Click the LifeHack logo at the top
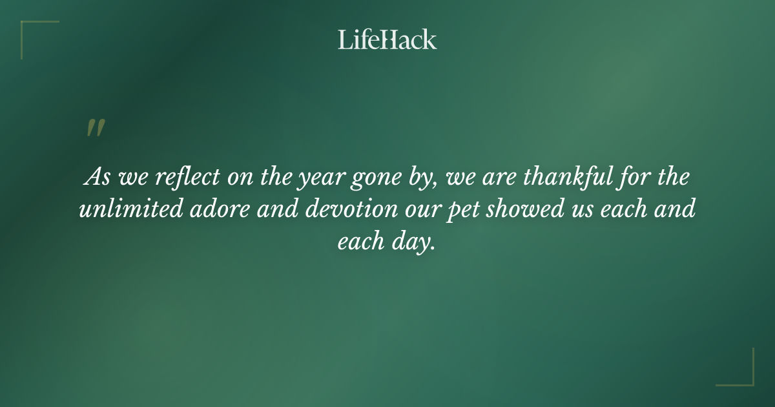point(387,40)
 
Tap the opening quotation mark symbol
point(95,128)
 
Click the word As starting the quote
point(98,177)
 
